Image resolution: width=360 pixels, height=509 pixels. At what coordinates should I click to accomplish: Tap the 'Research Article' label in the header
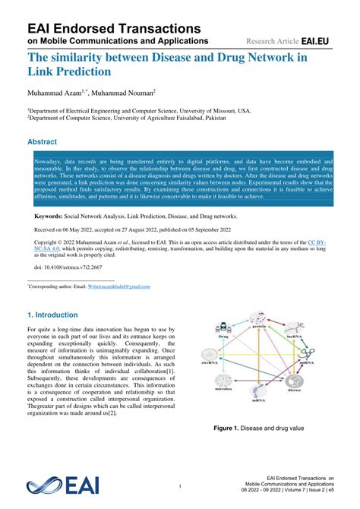coord(271,40)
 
